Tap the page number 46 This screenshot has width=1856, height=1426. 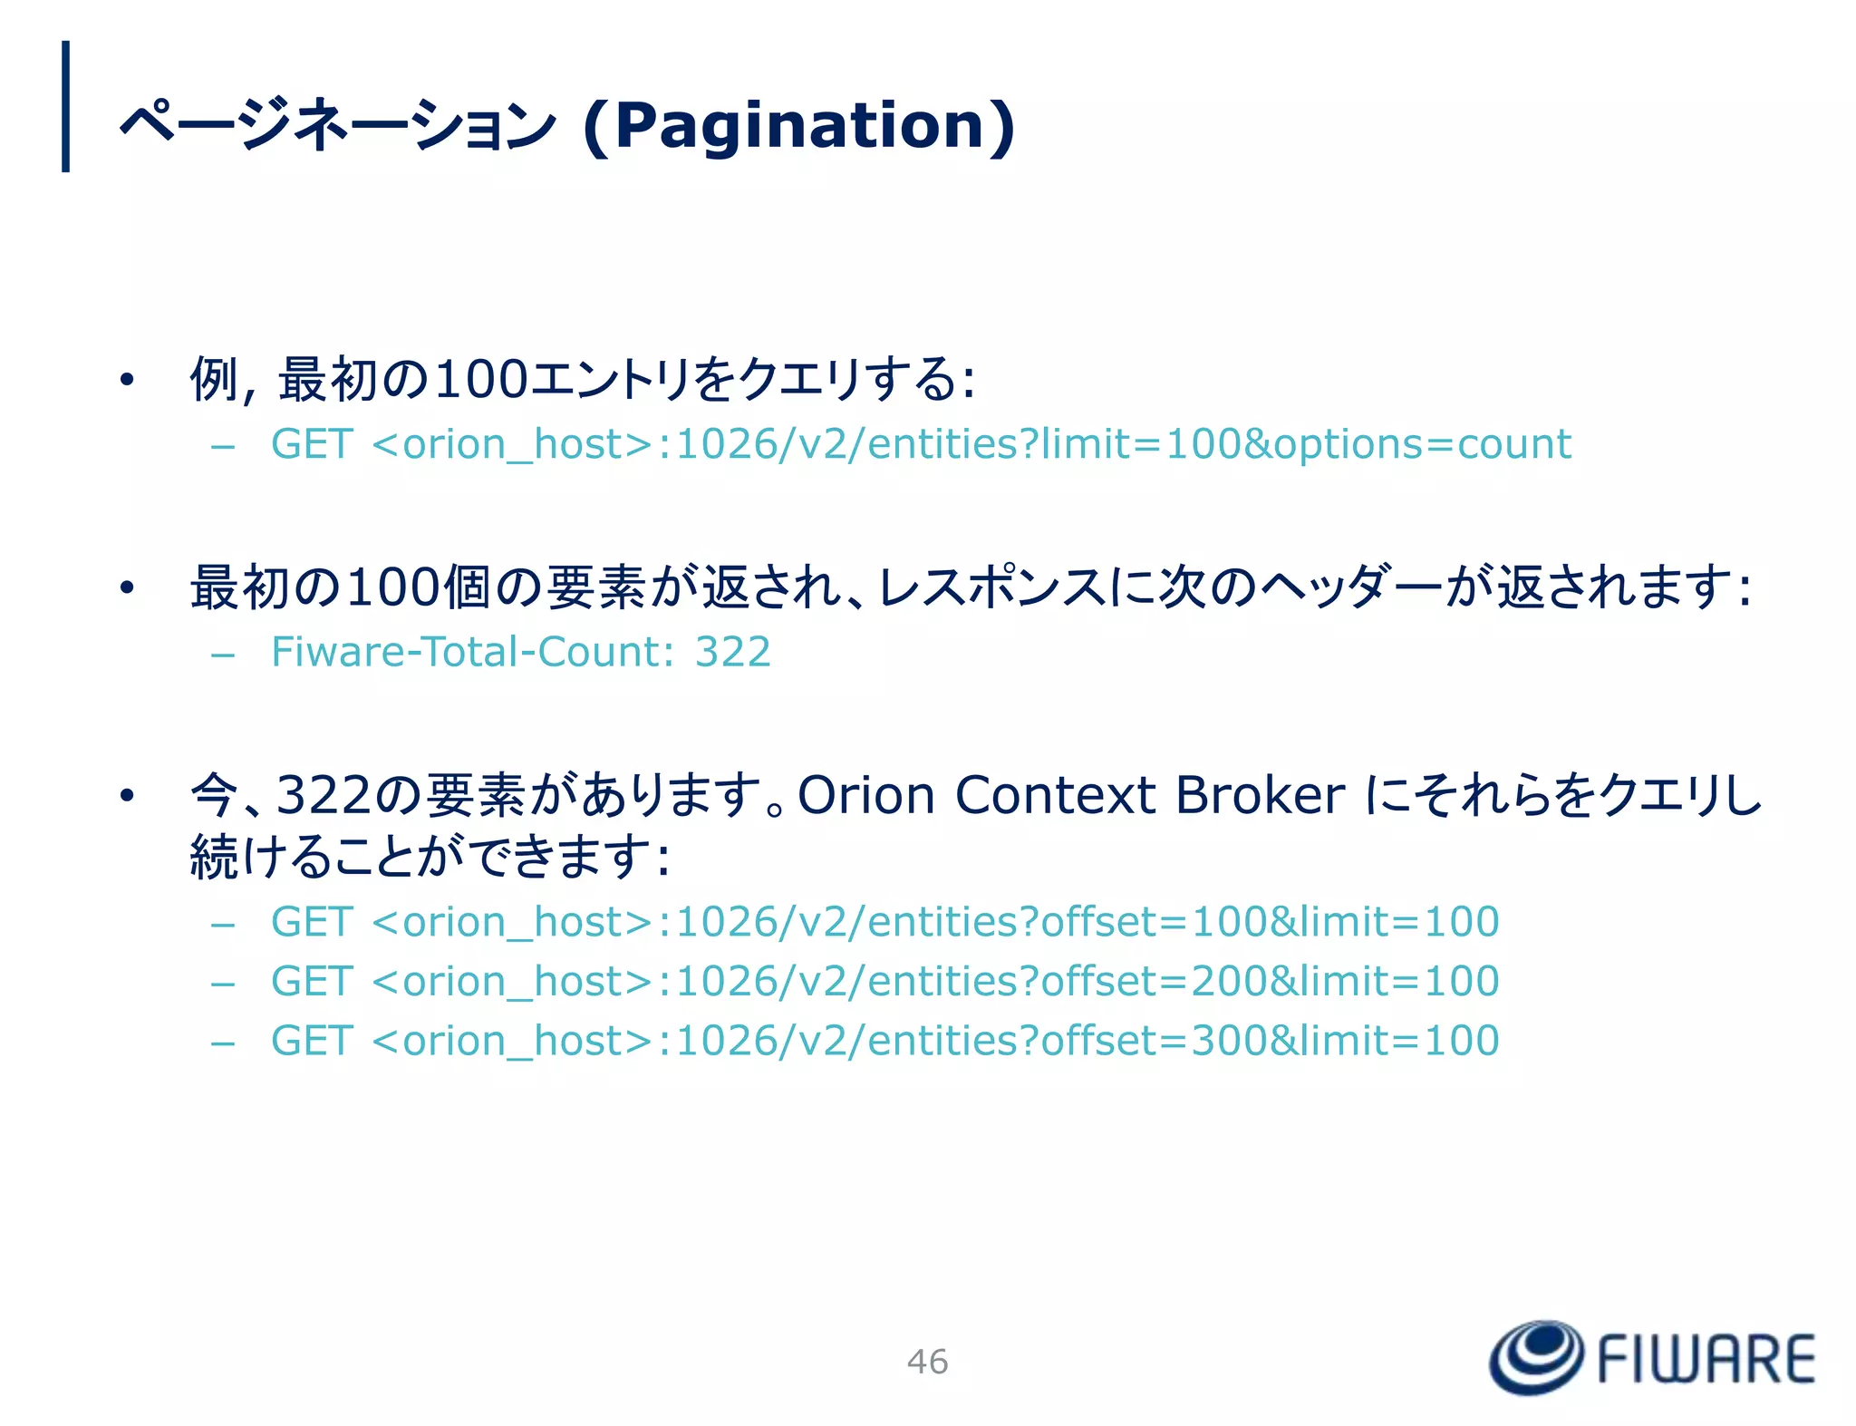927,1362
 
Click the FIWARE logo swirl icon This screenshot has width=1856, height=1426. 1536,1357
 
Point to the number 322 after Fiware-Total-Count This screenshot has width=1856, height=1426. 732,652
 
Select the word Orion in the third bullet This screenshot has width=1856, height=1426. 865,795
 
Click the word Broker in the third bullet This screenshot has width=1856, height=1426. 1260,795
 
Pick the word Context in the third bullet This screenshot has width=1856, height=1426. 1055,795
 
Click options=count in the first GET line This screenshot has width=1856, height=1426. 1422,444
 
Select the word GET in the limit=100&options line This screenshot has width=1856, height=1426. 311,444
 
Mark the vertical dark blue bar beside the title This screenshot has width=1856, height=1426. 65,106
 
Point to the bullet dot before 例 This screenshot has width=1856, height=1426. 127,379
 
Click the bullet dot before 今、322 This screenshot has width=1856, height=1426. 127,795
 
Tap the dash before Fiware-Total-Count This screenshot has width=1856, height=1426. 222,654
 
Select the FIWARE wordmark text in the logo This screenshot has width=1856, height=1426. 1706,1359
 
